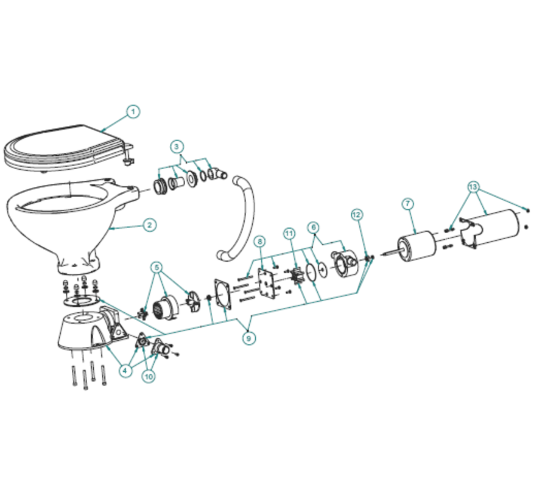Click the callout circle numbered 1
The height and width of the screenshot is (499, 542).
tap(133, 112)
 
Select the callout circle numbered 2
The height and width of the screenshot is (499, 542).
tap(149, 225)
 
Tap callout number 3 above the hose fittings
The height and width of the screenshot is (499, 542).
tap(177, 147)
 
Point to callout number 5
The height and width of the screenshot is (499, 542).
tap(157, 267)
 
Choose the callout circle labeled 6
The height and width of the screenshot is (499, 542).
tap(314, 227)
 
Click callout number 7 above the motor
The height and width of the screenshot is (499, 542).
tap(408, 203)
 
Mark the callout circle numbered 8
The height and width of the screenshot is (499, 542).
tap(260, 242)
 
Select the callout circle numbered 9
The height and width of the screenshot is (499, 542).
tap(248, 338)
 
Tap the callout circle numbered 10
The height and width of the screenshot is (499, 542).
tap(149, 376)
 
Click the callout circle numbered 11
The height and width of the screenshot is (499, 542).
tap(289, 234)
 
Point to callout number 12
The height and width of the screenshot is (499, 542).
tap(357, 214)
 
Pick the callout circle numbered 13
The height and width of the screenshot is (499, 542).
tap(473, 187)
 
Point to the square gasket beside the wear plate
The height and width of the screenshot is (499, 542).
tap(223, 293)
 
